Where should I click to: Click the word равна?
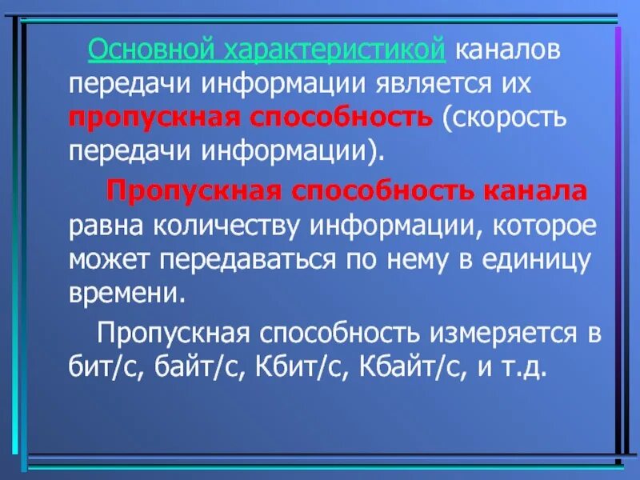click(x=106, y=226)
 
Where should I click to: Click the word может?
click(x=110, y=259)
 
